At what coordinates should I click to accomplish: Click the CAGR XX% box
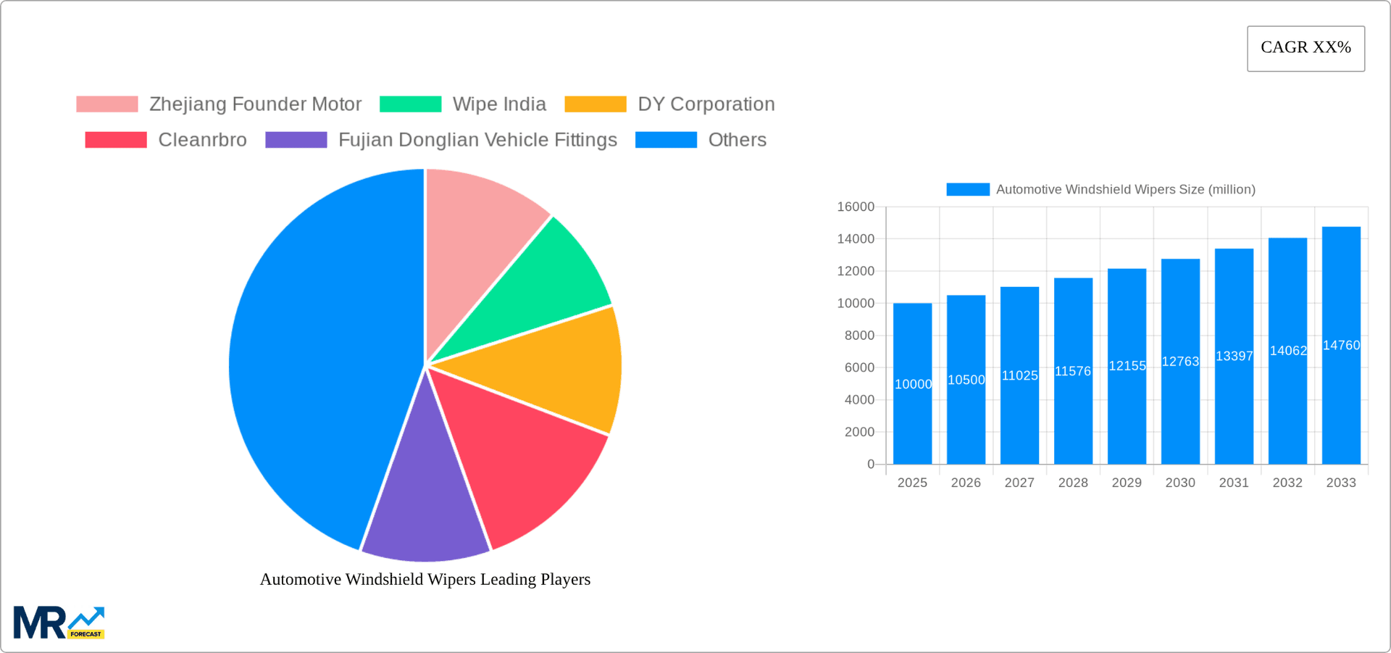pyautogui.click(x=1306, y=49)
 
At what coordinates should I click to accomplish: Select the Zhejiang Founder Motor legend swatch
pyautogui.click(x=107, y=104)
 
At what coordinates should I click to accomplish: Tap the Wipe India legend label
pyautogui.click(x=499, y=104)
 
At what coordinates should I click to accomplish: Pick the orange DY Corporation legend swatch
pyautogui.click(x=595, y=104)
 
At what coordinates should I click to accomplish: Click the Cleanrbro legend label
pyautogui.click(x=202, y=140)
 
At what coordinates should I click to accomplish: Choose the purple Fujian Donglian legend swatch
pyautogui.click(x=296, y=140)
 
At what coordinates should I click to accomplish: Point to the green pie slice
pyautogui.click(x=551, y=283)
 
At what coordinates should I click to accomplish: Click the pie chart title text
pyautogui.click(x=425, y=579)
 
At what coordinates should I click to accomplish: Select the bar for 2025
pyautogui.click(x=912, y=420)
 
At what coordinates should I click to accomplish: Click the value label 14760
pyautogui.click(x=1341, y=346)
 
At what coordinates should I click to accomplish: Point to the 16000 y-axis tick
pyautogui.click(x=856, y=207)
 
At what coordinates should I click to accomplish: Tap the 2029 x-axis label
pyautogui.click(x=1127, y=483)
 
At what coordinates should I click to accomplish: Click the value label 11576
pyautogui.click(x=1073, y=372)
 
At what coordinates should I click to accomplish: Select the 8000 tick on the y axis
pyautogui.click(x=859, y=336)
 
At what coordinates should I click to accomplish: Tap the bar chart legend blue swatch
pyautogui.click(x=967, y=189)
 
